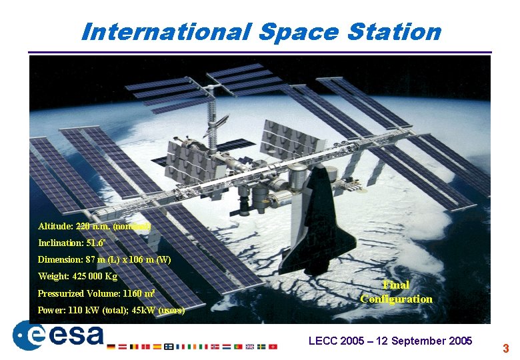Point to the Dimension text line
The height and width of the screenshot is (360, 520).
[104, 259]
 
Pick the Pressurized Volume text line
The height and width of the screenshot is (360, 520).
[96, 293]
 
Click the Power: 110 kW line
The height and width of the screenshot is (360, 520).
[111, 310]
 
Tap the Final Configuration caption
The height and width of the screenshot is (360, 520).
[396, 292]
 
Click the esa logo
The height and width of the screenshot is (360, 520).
[58, 335]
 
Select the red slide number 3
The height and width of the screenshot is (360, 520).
[505, 348]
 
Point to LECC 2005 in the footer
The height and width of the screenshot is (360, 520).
[336, 341]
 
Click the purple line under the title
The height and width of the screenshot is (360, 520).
[260, 52]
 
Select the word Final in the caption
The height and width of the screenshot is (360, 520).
[396, 285]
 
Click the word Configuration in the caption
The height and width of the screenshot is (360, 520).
[396, 299]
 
